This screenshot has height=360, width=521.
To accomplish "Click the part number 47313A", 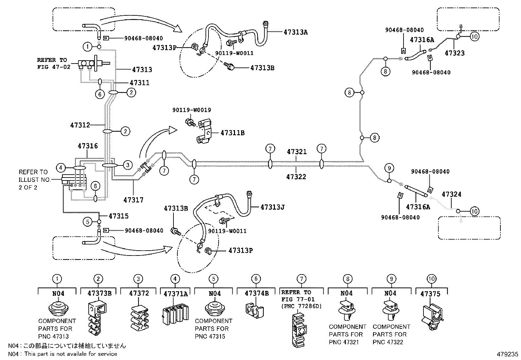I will click(x=296, y=32).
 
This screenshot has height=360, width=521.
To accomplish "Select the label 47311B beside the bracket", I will click(x=232, y=133).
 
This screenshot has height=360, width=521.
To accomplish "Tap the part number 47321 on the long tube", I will click(x=297, y=152).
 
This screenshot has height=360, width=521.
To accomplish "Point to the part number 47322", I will click(x=296, y=177).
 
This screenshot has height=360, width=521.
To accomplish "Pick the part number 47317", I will click(x=133, y=199).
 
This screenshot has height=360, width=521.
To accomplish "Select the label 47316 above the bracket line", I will click(x=88, y=146).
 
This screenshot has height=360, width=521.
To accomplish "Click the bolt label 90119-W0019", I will click(x=191, y=110).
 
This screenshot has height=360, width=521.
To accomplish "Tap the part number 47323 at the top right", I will click(x=455, y=53).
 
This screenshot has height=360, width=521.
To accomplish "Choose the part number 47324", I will click(x=451, y=194).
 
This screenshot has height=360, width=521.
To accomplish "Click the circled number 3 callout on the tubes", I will click(x=128, y=165).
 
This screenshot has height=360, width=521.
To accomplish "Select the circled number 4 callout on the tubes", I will click(x=61, y=168).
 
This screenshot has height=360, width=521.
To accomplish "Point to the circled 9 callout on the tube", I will click(x=389, y=168).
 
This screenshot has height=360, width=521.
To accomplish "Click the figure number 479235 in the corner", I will click(x=507, y=354).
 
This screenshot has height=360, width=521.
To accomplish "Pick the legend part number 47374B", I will click(x=257, y=294).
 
